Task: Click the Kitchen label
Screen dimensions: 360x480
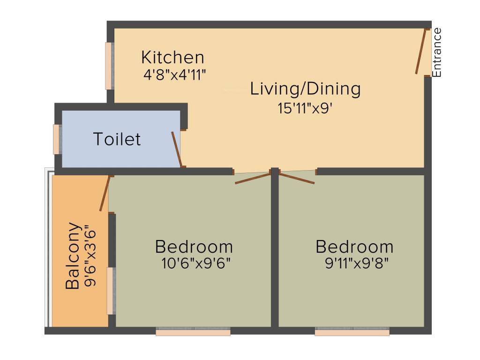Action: [172, 58]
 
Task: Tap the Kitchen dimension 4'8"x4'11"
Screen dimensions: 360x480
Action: [175, 75]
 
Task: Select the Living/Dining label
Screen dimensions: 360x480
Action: [305, 89]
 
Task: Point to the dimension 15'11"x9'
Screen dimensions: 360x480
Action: [305, 108]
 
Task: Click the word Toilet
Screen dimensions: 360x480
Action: [117, 139]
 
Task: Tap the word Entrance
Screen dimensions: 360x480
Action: [437, 52]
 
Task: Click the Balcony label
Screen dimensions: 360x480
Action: [72, 255]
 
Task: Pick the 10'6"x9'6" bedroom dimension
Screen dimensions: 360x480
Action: [195, 263]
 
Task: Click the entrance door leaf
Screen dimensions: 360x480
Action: [421, 52]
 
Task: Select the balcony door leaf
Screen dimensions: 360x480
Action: [105, 193]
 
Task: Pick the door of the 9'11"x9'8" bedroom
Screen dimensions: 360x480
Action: [297, 178]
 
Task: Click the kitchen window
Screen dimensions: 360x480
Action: [109, 66]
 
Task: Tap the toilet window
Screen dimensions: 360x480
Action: [57, 139]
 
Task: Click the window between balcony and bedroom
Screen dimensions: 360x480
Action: [111, 291]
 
